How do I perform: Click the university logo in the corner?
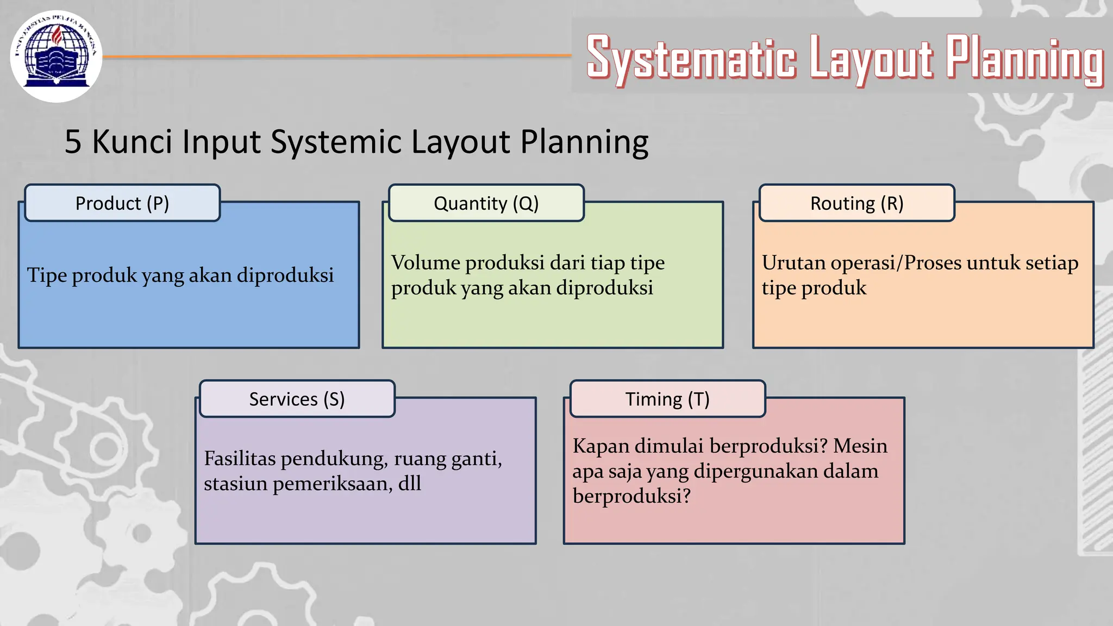(56, 57)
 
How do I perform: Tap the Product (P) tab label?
(122, 203)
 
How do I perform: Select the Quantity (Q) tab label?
(486, 203)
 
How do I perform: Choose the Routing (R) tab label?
(856, 203)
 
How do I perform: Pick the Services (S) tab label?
(297, 399)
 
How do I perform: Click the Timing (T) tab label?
(667, 399)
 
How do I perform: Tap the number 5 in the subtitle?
(73, 142)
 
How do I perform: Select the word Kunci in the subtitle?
(134, 142)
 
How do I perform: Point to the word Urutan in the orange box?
(793, 263)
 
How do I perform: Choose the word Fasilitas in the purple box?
(240, 459)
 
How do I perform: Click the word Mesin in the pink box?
(860, 446)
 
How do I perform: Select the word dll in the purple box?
(409, 484)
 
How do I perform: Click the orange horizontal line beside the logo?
(337, 56)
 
